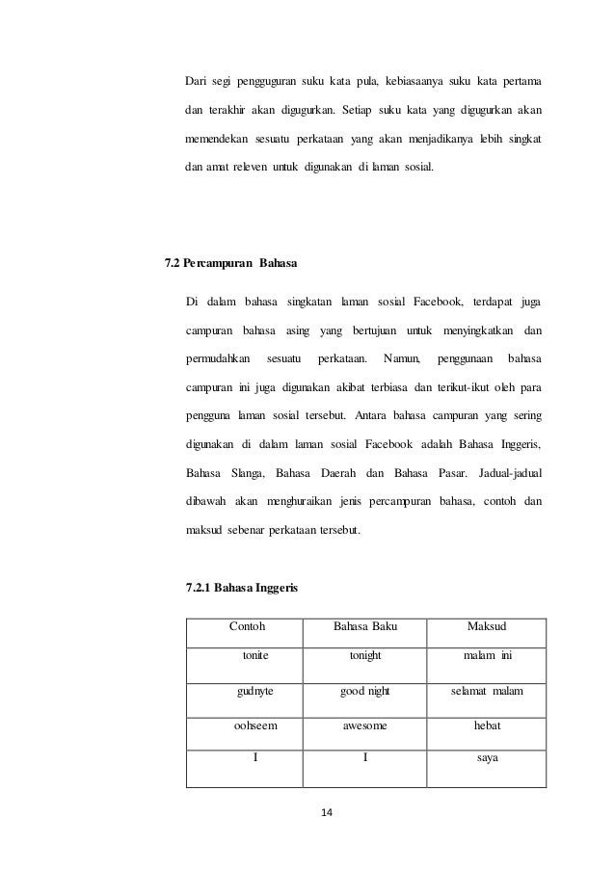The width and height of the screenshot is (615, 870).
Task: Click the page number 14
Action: [x=326, y=813]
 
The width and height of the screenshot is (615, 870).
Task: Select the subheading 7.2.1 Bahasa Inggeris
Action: [x=241, y=587]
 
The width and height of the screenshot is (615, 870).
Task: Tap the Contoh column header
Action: [x=247, y=627]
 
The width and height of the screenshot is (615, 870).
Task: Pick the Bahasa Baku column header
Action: [x=365, y=627]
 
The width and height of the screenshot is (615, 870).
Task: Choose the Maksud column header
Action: [x=487, y=627]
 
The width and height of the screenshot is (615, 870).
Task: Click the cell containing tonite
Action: [x=255, y=655]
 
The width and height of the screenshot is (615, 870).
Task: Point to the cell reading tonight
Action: [x=365, y=655]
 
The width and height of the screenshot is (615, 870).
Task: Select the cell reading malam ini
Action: [x=487, y=655]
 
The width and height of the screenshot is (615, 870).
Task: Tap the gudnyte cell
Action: [x=255, y=692]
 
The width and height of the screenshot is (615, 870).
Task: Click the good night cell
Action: [x=365, y=692]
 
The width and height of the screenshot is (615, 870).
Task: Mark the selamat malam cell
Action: [x=487, y=692]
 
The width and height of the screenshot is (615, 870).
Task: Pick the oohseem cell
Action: [x=255, y=726]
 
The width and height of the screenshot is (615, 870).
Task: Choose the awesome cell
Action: [x=365, y=726]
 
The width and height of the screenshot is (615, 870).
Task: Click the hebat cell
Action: [x=487, y=726]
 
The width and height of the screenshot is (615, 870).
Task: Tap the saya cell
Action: [x=487, y=757]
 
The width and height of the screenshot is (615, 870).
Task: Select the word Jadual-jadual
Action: [x=510, y=473]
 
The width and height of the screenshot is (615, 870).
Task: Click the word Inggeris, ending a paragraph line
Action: [x=517, y=445]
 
